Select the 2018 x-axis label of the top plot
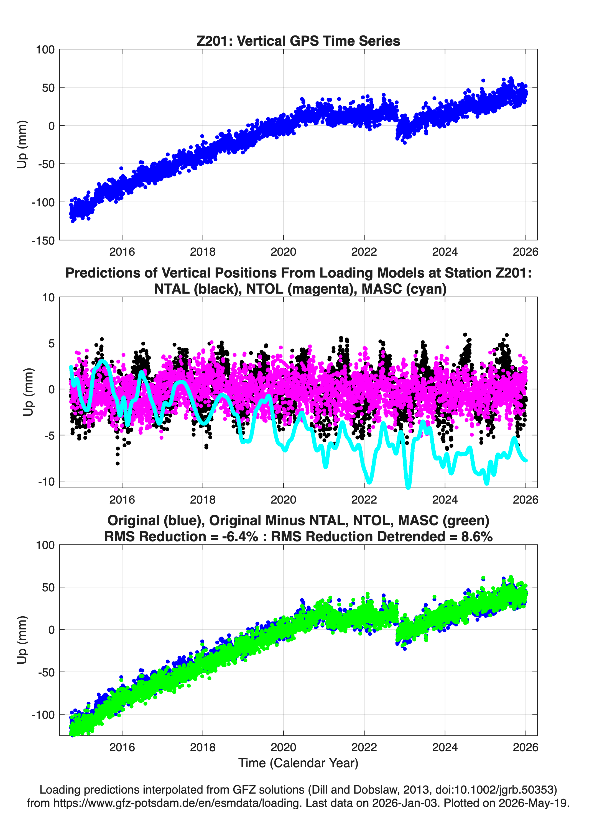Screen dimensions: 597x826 pos(203,252)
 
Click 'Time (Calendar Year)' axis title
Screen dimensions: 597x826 pos(298,763)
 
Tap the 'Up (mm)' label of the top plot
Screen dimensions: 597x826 pos(22,144)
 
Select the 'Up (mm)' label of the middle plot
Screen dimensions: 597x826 pos(29,392)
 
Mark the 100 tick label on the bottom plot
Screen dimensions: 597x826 pos(45,545)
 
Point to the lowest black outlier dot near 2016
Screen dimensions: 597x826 pos(118,464)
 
